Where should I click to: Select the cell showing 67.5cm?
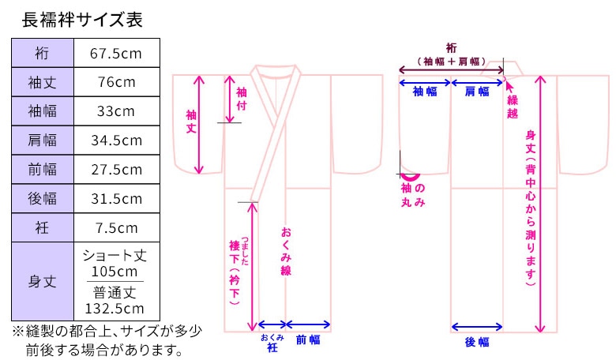117,53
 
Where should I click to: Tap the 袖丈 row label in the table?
43,82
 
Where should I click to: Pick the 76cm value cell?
117,82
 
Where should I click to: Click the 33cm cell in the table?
117,111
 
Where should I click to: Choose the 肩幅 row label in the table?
43,141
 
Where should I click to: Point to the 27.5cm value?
117,170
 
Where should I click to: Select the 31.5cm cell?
117,199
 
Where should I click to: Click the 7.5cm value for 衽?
117,228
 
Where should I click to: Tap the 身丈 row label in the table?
43,281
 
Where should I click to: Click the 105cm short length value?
115,270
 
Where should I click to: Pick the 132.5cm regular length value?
115,308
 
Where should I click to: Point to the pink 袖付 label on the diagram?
242,99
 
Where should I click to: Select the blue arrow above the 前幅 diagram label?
308,324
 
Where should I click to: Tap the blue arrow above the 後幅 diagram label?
477,326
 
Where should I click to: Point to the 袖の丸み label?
413,195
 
